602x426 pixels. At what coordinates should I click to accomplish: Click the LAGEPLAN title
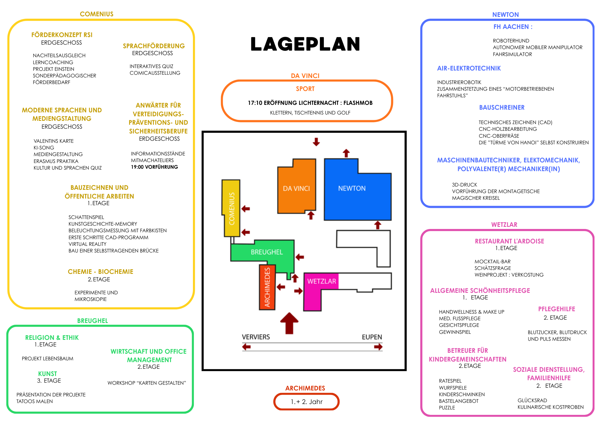tap(305, 44)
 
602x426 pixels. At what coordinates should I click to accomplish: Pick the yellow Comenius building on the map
tap(231, 208)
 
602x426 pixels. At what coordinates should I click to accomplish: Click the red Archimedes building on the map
tap(267, 287)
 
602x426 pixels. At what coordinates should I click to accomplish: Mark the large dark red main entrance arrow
tap(289, 323)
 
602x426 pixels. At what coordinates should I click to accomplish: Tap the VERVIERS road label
tap(256, 337)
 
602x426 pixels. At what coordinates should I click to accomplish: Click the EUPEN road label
tap(372, 337)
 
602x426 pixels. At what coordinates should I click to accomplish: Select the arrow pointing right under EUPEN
tap(378, 347)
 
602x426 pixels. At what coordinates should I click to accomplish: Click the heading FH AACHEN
tap(513, 27)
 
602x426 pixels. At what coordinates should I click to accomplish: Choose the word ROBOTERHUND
tap(511, 41)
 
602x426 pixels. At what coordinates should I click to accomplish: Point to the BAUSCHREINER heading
tap(502, 108)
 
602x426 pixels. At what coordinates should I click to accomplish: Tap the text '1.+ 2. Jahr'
tap(306, 402)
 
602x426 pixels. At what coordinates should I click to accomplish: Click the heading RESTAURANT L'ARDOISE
tap(509, 241)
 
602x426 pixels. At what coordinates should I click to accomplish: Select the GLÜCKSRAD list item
tap(532, 400)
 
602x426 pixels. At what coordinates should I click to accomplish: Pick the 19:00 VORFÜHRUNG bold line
tap(154, 167)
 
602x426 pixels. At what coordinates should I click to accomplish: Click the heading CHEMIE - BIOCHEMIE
tap(101, 272)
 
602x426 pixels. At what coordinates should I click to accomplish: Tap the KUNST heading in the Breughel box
tap(48, 374)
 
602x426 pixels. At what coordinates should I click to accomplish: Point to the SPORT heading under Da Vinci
tap(305, 89)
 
